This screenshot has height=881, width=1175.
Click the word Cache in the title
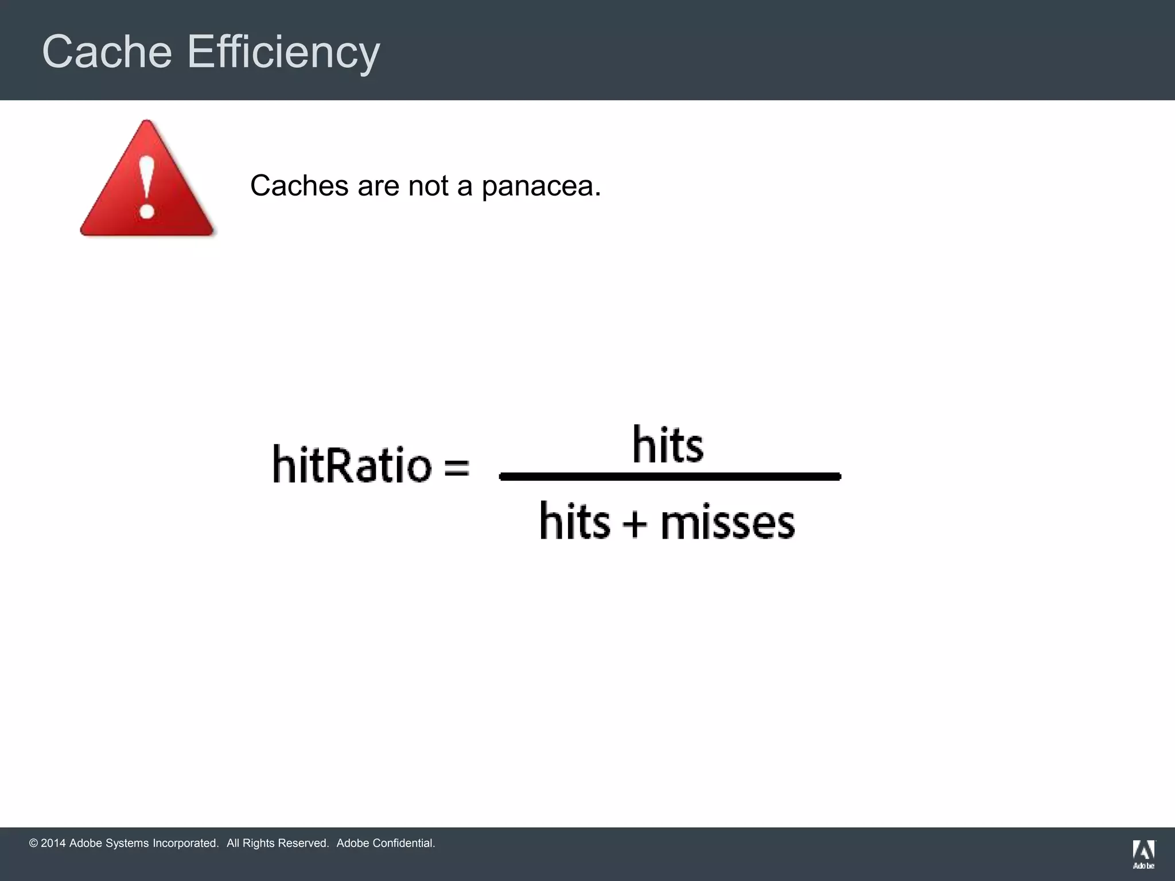(107, 52)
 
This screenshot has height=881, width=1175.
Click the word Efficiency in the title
(283, 52)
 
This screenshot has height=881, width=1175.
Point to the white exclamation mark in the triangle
(147, 186)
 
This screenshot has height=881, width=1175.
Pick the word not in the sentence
(428, 186)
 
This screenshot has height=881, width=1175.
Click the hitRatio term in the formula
(352, 463)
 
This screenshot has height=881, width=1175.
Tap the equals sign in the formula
(457, 466)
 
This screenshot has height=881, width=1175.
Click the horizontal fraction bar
(670, 476)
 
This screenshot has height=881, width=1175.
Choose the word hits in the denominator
(575, 521)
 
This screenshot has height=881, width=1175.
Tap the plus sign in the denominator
(635, 523)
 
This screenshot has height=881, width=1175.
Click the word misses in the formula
(727, 523)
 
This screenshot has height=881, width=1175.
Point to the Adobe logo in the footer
(1143, 853)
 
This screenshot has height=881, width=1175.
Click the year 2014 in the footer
(53, 843)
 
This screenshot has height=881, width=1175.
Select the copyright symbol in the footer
(33, 843)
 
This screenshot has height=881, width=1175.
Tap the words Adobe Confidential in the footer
(386, 843)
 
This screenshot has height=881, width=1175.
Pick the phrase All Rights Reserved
(278, 843)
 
